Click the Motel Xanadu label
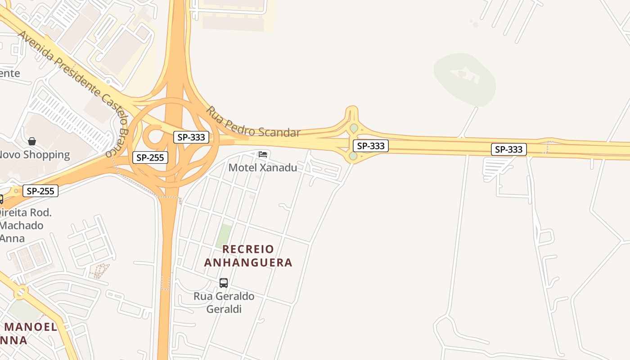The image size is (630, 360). (x=263, y=167)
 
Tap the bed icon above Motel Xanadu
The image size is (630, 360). (x=263, y=154)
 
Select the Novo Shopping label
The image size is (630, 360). (x=34, y=155)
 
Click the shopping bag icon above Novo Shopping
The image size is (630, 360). (x=32, y=141)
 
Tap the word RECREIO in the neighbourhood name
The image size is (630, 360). (x=248, y=249)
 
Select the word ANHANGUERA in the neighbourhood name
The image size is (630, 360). (x=248, y=262)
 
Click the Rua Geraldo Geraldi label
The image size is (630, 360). (x=224, y=302)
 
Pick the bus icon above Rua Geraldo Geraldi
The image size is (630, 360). (x=224, y=283)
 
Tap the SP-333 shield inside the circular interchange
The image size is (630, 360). (x=191, y=137)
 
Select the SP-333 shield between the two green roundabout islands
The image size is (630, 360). (x=371, y=146)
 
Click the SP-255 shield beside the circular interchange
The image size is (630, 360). (x=150, y=157)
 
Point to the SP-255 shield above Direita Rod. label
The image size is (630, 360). (x=40, y=191)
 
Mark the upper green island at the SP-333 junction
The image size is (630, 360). (x=354, y=128)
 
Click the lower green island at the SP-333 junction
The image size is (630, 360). (x=353, y=156)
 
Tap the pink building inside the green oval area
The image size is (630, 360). (x=462, y=73)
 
